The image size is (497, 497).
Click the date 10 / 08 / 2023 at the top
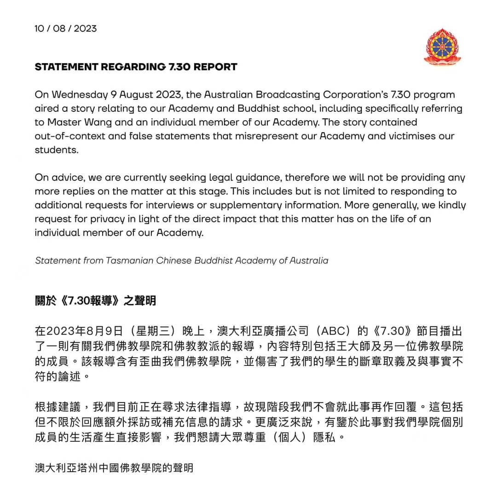click(66, 29)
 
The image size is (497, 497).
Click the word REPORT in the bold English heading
click(215, 67)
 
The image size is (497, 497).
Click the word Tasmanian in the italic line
click(128, 260)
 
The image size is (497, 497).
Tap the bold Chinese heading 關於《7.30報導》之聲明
click(95, 301)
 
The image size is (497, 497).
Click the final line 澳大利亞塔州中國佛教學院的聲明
click(114, 468)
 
